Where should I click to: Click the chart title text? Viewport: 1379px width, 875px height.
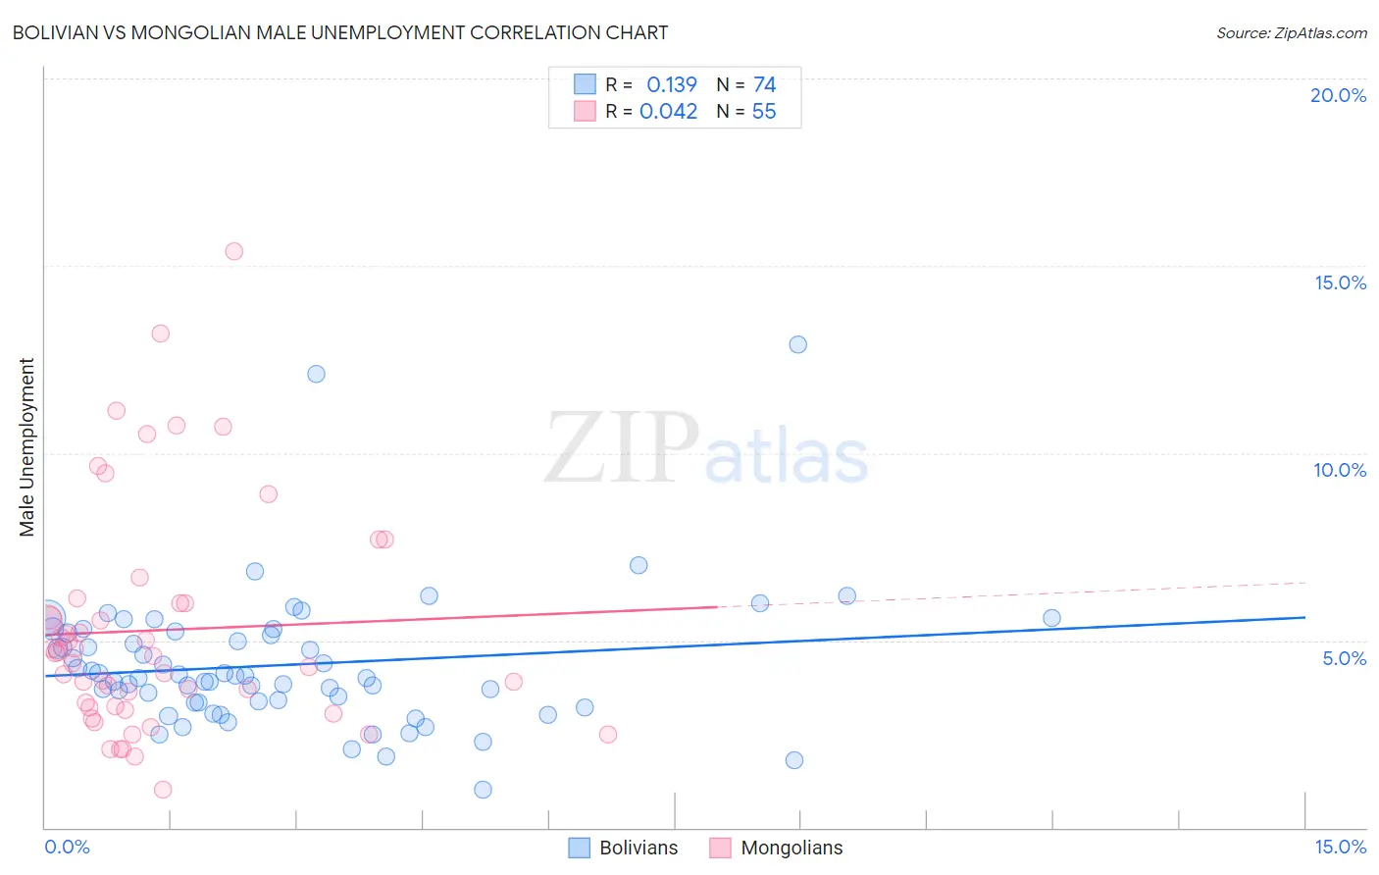[340, 32]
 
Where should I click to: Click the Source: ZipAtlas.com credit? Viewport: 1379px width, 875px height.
[1291, 32]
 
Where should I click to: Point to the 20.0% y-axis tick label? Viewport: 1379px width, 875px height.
[1338, 95]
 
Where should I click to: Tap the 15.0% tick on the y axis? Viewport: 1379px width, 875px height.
[1340, 283]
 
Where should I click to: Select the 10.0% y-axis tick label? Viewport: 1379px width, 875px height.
[1340, 470]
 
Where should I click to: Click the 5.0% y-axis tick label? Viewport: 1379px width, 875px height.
[1344, 658]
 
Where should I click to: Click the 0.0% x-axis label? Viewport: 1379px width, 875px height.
[67, 847]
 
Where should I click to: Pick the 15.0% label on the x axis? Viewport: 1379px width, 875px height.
[1340, 847]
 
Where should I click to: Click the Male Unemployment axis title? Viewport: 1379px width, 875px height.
[27, 447]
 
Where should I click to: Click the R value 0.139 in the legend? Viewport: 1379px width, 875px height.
[672, 85]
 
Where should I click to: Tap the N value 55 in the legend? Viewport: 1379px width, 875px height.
[763, 112]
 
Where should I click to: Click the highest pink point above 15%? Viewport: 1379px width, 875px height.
[233, 251]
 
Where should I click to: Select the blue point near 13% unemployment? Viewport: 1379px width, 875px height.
[797, 344]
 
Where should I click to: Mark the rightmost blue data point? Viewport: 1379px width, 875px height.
[1051, 618]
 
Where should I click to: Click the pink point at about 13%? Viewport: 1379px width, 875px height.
[160, 334]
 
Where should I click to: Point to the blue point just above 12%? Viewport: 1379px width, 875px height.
[316, 374]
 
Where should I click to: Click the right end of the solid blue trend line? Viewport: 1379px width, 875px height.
[1303, 617]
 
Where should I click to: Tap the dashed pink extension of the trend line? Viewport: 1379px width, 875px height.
[1010, 595]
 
